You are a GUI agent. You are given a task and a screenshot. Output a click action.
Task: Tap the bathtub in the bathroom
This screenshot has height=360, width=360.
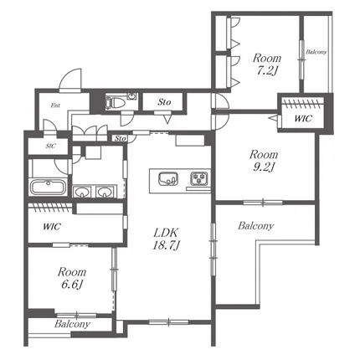coord(49,187)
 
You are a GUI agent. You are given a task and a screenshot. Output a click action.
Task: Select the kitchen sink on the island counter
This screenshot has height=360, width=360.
coord(168,179)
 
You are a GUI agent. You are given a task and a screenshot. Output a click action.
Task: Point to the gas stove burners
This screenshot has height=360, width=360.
coord(199,178)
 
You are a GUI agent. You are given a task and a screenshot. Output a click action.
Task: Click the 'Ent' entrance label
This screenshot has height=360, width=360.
coord(55,105)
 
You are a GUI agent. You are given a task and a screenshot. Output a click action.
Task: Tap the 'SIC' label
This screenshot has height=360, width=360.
coord(51,146)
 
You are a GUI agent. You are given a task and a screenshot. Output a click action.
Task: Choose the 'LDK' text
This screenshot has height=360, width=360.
coord(166,233)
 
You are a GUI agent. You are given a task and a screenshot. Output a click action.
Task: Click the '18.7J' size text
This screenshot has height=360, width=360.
coord(166,245)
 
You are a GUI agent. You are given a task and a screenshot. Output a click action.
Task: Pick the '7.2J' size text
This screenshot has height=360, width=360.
coord(267,70)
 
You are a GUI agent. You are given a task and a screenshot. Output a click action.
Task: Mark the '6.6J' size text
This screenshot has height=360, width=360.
coord(72,285)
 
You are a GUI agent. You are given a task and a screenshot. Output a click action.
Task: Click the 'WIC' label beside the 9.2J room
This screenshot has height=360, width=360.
coord(303,119)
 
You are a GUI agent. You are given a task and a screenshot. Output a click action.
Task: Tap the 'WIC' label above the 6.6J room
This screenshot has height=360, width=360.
coord(52,226)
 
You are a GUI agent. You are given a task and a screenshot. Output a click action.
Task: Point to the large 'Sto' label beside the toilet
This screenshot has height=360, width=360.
coord(164,102)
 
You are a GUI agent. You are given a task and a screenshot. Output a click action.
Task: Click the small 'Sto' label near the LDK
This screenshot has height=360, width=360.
coord(121,138)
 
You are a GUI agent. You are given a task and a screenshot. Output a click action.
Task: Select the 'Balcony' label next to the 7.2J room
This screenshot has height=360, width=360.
coord(316,52)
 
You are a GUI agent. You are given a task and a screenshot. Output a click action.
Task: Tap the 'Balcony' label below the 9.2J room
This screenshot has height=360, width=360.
coord(255,225)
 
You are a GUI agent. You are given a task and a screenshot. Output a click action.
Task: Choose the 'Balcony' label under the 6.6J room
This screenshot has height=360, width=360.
coord(72,324)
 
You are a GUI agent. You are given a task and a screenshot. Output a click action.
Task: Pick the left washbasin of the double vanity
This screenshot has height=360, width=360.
coord(81,193)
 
